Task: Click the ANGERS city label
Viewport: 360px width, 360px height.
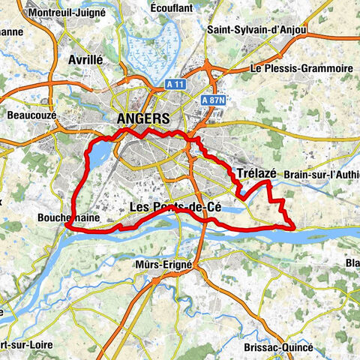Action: pyautogui.click(x=143, y=118)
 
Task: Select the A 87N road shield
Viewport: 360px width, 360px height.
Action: pyautogui.click(x=214, y=99)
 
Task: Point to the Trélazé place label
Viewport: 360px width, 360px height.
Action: pyautogui.click(x=256, y=173)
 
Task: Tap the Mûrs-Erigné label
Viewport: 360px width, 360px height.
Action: pyautogui.click(x=163, y=265)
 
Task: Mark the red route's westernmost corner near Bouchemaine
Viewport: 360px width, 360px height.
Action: pyautogui.click(x=67, y=225)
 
